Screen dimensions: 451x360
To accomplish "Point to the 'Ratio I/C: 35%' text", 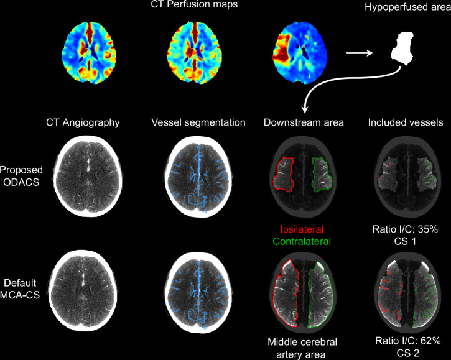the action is coord(407,229).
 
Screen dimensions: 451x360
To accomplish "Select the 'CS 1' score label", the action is coord(407,241).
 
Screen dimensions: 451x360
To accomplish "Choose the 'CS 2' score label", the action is coord(407,352).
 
